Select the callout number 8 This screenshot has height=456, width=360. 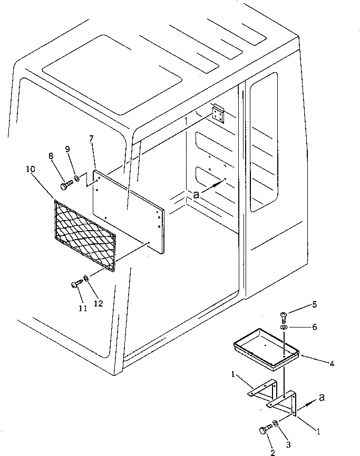click(51, 156)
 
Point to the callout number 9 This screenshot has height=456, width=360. click(67, 150)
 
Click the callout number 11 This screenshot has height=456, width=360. click(82, 309)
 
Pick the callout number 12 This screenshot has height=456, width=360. click(99, 303)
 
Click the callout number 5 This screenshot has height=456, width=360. click(314, 304)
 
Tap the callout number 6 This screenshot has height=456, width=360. click(314, 327)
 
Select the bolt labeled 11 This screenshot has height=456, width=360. click(76, 284)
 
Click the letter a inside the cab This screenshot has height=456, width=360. click(196, 194)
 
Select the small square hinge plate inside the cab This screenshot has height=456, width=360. click(218, 113)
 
